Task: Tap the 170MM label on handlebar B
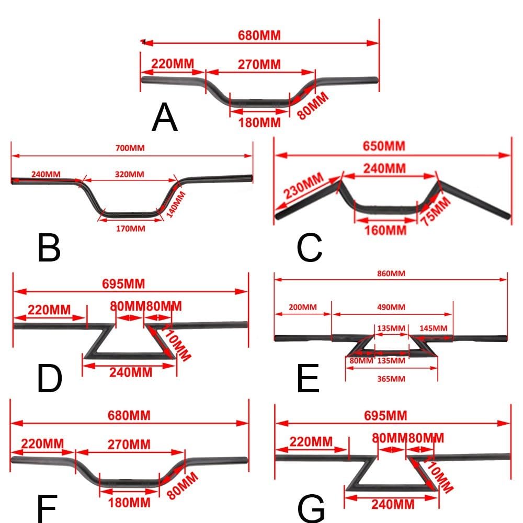point(130,228)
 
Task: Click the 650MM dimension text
point(384,146)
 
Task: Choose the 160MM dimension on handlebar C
point(386,230)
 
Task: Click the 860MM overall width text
point(390,273)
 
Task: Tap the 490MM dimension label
point(391,306)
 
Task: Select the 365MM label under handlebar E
point(391,378)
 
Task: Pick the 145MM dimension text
point(433,328)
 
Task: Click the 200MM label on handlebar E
point(302,306)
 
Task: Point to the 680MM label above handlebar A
point(259,36)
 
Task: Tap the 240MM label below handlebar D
point(131,372)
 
